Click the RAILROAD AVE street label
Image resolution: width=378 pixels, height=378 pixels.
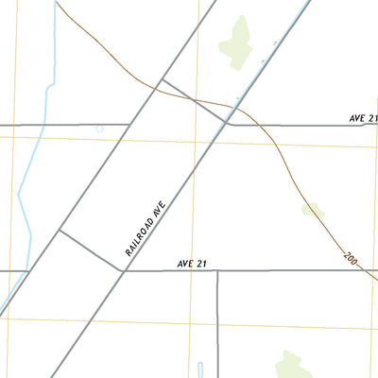click(x=146, y=228)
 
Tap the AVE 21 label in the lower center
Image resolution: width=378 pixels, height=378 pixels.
click(x=191, y=264)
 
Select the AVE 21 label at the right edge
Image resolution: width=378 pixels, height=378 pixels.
click(x=363, y=118)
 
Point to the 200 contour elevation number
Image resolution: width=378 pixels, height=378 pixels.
click(x=351, y=258)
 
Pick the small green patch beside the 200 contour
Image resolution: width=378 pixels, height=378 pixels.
click(x=312, y=209)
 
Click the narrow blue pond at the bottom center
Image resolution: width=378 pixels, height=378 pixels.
click(x=200, y=369)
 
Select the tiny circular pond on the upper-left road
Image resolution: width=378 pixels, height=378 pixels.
click(x=99, y=128)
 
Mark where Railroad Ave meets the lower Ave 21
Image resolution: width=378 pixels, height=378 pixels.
click(x=124, y=270)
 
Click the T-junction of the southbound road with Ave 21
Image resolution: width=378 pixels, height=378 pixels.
click(x=217, y=271)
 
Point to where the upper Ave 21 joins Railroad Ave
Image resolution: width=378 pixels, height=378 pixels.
click(x=229, y=124)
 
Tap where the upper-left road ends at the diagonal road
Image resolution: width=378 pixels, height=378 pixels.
click(x=129, y=124)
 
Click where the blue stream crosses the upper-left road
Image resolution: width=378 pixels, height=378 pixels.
click(x=39, y=124)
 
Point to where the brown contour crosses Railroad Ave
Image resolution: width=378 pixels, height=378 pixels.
click(x=237, y=105)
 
